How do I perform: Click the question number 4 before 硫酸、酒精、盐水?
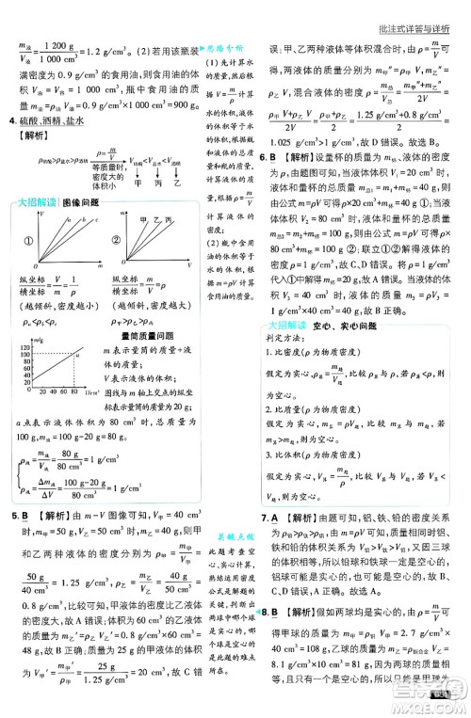pyautogui.click(x=10, y=122)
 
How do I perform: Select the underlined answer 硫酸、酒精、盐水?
pyautogui.click(x=51, y=122)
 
